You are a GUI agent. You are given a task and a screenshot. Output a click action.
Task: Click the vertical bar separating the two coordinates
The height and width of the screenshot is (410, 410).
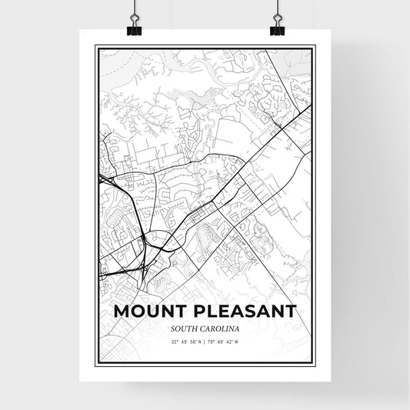(x=205, y=342)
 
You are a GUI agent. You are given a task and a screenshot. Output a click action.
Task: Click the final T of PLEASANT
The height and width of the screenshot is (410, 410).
(x=291, y=312)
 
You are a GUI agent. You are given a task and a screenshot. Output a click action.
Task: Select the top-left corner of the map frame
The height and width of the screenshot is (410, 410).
(x=95, y=45)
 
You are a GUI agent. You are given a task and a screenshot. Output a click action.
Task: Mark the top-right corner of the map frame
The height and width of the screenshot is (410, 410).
(x=314, y=45)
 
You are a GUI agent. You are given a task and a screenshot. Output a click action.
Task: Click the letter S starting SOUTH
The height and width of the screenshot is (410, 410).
(x=174, y=329)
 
